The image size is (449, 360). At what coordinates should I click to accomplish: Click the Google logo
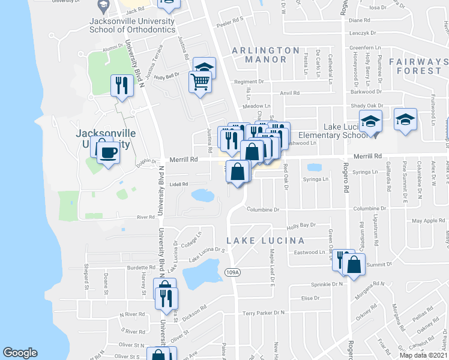[20, 353]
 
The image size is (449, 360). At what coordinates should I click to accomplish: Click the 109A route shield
[233, 272]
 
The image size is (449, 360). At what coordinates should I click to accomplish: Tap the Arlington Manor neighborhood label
[265, 55]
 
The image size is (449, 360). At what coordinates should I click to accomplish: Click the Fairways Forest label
[418, 66]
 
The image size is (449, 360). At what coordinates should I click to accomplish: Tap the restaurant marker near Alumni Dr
[121, 85]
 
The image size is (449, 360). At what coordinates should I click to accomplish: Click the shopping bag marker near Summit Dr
[355, 265]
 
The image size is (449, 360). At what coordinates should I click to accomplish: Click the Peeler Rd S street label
[229, 20]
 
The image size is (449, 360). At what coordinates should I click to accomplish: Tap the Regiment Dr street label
[249, 82]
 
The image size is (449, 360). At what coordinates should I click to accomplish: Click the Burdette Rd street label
[141, 268]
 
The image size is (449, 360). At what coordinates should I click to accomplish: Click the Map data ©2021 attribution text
[423, 355]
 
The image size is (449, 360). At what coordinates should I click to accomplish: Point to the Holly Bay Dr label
[301, 226]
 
